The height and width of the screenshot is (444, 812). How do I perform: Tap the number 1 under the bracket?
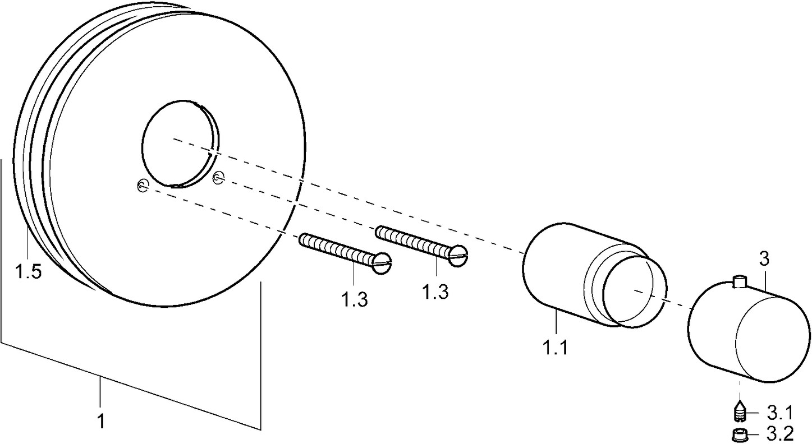[101, 420]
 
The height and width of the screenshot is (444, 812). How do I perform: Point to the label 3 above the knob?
[764, 260]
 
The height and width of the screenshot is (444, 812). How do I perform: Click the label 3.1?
[779, 414]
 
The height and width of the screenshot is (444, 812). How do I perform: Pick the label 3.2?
[779, 433]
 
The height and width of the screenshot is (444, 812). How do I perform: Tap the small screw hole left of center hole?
[143, 186]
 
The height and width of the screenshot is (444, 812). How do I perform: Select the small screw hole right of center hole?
[219, 178]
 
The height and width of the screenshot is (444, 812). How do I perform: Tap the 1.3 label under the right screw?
[435, 292]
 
